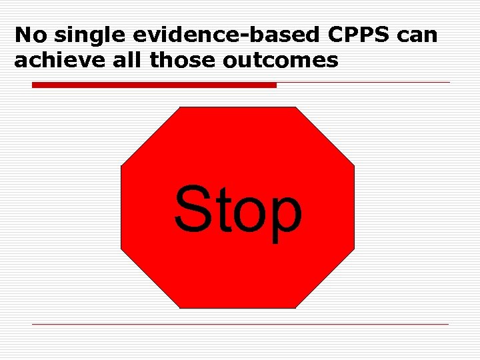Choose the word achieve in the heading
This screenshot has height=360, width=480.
click(54, 61)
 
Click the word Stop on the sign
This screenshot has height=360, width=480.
click(237, 211)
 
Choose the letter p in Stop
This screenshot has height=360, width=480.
click(283, 217)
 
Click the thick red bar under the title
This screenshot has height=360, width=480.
click(154, 85)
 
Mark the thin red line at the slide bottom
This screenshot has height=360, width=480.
click(240, 325)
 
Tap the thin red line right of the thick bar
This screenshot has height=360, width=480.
click(363, 83)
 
